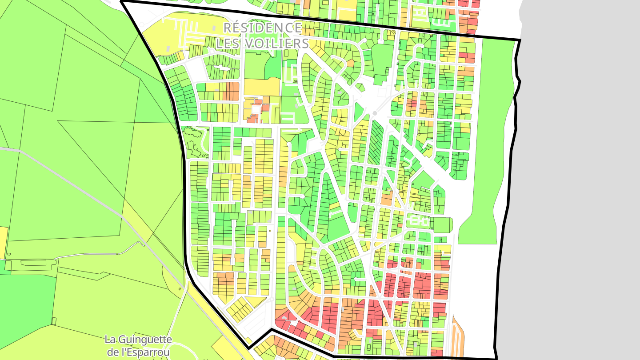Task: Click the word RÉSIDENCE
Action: click(x=262, y=28)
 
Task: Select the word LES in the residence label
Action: click(x=228, y=44)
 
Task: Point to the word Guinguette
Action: click(x=138, y=340)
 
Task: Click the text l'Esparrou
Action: click(x=139, y=353)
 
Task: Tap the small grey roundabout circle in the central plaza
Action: click(x=375, y=113)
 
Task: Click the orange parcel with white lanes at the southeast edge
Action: click(x=457, y=338)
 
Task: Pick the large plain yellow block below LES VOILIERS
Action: click(x=262, y=87)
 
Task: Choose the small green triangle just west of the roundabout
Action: click(x=358, y=111)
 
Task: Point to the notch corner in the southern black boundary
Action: click(x=271, y=330)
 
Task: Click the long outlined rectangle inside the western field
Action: click(x=39, y=263)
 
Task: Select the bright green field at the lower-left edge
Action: click(x=27, y=302)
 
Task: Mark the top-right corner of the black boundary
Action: click(x=520, y=40)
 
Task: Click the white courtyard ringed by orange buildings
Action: click(x=256, y=109)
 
